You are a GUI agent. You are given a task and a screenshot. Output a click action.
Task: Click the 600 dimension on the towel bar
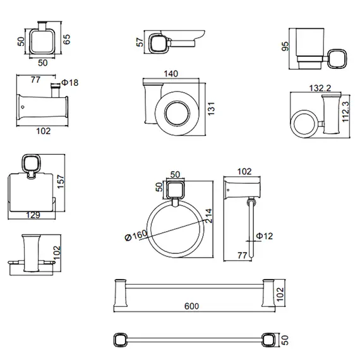[191, 306]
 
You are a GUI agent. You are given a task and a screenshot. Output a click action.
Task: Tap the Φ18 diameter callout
[70, 83]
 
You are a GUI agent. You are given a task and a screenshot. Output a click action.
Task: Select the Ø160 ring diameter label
[136, 236]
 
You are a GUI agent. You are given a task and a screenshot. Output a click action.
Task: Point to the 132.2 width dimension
[320, 88]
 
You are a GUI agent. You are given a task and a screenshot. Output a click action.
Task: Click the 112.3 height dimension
[345, 112]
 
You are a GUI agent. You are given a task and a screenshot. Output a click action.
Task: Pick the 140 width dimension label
[171, 74]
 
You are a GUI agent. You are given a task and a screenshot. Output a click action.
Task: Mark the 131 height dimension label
[211, 109]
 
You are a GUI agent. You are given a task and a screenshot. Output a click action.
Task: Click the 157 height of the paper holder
[61, 182]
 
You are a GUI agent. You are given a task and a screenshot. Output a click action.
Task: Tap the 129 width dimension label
[33, 215]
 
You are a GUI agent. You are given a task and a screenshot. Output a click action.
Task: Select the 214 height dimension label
[208, 215]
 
